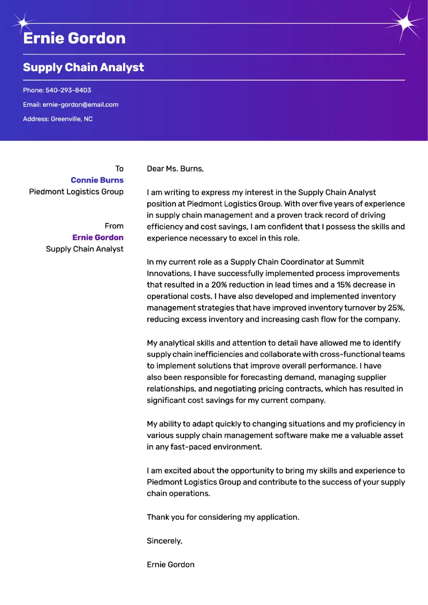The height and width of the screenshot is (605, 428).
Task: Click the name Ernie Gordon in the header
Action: click(74, 39)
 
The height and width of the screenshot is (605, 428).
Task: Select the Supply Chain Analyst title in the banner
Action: click(83, 67)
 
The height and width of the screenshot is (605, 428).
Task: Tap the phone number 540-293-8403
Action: click(68, 90)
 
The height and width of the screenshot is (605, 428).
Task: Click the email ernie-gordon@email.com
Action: click(80, 105)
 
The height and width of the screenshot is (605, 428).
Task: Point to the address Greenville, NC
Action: click(72, 119)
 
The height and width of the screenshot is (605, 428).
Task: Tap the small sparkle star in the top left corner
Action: click(22, 23)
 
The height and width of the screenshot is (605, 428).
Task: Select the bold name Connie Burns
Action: click(97, 180)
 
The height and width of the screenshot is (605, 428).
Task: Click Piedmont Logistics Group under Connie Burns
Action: click(76, 192)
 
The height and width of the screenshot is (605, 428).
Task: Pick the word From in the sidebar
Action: click(114, 226)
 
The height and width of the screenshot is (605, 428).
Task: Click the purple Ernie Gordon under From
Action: click(98, 238)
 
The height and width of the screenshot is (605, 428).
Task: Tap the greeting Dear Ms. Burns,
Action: click(175, 169)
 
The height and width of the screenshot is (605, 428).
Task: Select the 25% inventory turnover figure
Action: click(395, 308)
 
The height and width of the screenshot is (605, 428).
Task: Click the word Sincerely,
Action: click(164, 541)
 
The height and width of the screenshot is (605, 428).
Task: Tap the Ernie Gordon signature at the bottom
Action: click(171, 564)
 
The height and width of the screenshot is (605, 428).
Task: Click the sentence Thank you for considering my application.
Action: click(223, 517)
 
